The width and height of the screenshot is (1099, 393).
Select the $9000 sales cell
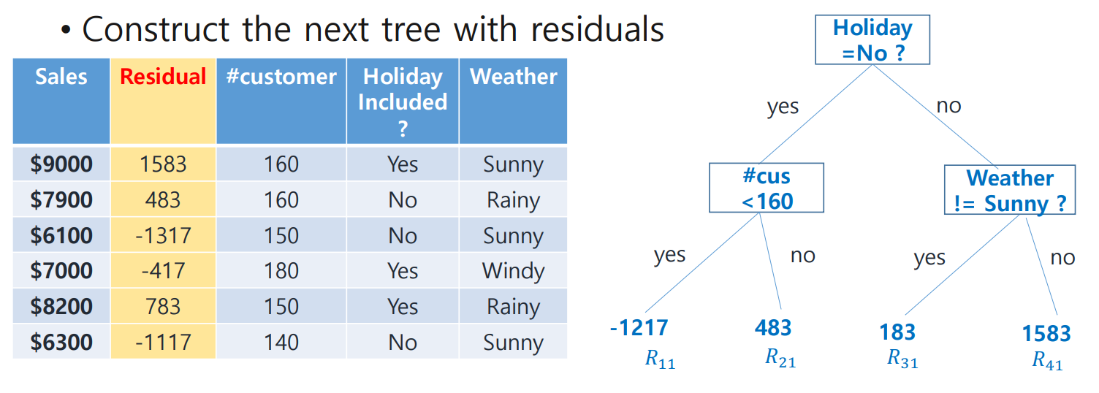coord(61,164)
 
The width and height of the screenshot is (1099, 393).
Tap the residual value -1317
coord(163,235)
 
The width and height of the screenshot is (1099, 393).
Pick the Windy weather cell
coord(513,271)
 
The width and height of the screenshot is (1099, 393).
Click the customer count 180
coord(281,271)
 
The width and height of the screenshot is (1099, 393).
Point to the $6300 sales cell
coord(61,342)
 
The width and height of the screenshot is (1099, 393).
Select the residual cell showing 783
coord(163,307)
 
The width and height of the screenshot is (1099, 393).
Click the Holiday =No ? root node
coord(872,39)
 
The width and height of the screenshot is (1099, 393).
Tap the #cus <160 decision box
coord(767,188)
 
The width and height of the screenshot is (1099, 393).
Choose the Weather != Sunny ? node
coord(1010,190)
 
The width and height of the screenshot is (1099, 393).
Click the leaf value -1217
coord(639,328)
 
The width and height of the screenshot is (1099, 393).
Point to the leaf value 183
coord(897,332)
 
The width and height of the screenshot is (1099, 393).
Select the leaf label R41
coord(1047,361)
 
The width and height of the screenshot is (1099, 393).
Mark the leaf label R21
coord(780,358)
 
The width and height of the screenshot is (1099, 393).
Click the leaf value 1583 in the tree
coord(1046,334)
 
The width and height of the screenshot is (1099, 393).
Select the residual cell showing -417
coord(163,271)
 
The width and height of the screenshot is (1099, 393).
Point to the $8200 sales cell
coord(61,307)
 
